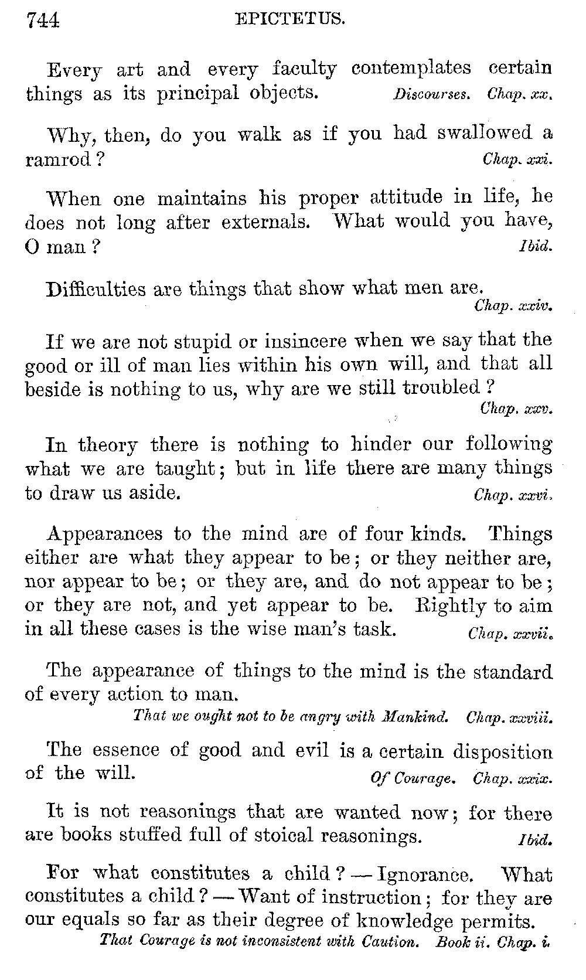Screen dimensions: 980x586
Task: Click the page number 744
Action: [43, 21]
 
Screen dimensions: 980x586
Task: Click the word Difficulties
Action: [96, 289]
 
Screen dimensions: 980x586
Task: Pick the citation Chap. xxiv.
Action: [513, 305]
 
